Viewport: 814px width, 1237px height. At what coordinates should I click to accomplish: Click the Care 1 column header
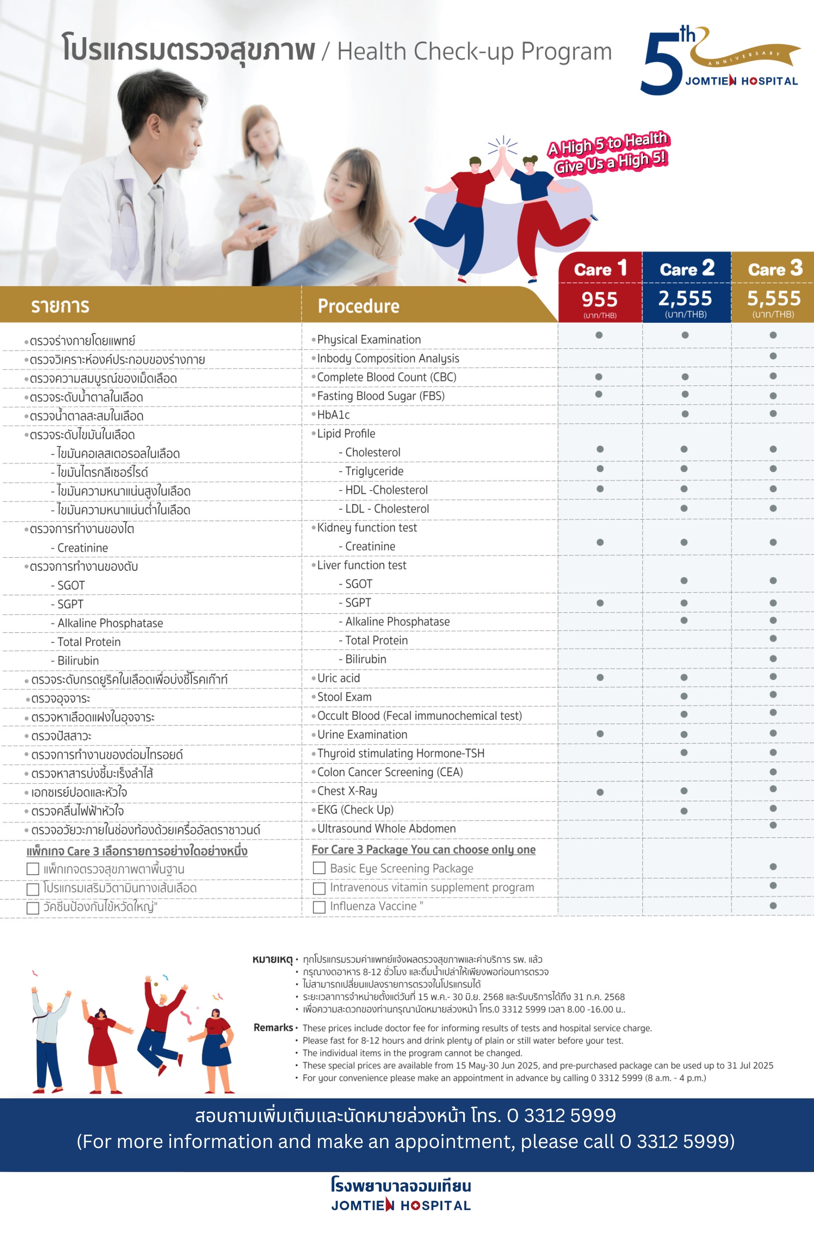[600, 269]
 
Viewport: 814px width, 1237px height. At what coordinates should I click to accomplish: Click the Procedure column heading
[358, 306]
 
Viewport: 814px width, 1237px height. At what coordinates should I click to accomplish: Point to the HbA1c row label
[333, 415]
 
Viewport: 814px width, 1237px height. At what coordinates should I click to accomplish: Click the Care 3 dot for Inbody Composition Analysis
[773, 356]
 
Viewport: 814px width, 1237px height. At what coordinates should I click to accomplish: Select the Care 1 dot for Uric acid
[600, 677]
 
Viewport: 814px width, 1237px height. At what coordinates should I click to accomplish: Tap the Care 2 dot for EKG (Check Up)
[684, 811]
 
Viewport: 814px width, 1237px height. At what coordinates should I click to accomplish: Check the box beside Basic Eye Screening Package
[319, 868]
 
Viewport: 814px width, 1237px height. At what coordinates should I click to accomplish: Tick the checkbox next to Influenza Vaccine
[319, 906]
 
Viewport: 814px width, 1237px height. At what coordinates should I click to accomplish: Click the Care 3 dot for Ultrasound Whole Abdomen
[773, 825]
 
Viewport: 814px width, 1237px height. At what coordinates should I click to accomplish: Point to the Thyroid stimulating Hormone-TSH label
[401, 753]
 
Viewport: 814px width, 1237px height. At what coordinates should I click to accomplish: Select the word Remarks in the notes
[273, 1027]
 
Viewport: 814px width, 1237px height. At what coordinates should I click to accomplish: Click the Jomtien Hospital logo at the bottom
[401, 1195]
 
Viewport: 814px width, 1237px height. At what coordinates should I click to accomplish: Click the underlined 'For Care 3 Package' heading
[423, 849]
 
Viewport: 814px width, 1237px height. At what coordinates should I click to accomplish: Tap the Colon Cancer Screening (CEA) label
[390, 772]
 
